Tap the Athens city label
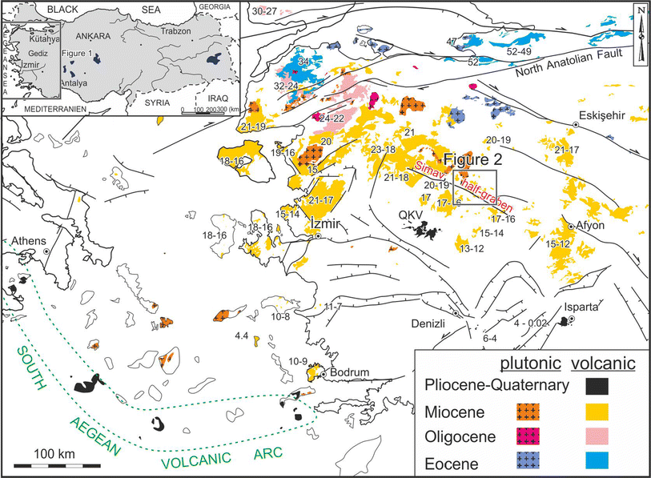pyautogui.click(x=28, y=241)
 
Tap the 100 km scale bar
pyautogui.click(x=54, y=464)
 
